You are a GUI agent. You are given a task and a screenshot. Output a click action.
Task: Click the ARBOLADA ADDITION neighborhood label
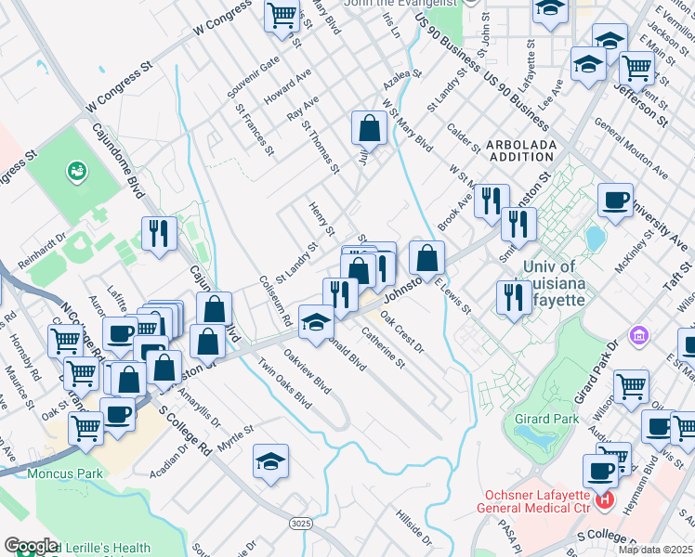[x=520, y=151]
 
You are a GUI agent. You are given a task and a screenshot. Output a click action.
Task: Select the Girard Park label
[x=547, y=419]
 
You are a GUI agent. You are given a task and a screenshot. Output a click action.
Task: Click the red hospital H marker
[x=605, y=500]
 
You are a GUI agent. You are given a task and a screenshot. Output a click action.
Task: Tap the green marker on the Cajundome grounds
[x=75, y=172]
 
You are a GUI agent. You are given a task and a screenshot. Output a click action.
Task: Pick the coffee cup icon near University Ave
[x=614, y=200]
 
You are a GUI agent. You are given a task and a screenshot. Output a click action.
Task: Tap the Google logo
[x=31, y=546]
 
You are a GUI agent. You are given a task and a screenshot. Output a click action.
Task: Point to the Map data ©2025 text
[x=655, y=550]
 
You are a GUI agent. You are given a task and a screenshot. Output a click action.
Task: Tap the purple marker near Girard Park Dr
[x=638, y=334]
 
